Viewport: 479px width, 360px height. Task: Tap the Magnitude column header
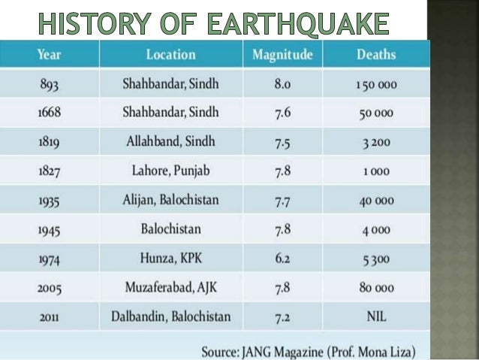pyautogui.click(x=282, y=55)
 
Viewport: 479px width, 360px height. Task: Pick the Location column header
pyautogui.click(x=170, y=55)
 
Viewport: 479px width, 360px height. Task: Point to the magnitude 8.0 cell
pyautogui.click(x=282, y=83)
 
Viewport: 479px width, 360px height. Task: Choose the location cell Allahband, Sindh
pyautogui.click(x=170, y=142)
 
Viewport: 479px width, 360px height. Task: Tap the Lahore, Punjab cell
pyautogui.click(x=170, y=171)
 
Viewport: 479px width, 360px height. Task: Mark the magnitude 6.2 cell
pyautogui.click(x=282, y=258)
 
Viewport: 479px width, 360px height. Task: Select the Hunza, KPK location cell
pyautogui.click(x=170, y=258)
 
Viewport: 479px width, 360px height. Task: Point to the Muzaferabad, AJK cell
pyautogui.click(x=170, y=287)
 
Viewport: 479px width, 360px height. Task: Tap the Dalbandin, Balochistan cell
pyautogui.click(x=170, y=316)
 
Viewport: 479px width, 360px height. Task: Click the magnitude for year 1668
pyautogui.click(x=282, y=112)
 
